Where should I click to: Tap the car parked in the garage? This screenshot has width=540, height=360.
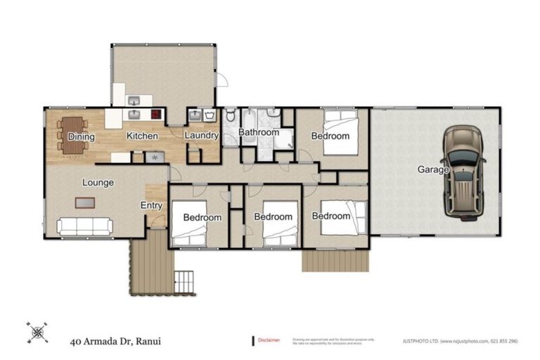(x=464, y=172)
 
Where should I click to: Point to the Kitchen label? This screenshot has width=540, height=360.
(x=142, y=136)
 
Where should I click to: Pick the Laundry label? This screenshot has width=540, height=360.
(x=202, y=136)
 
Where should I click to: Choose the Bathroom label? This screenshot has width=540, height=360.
(x=258, y=132)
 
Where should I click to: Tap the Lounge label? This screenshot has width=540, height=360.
(x=98, y=183)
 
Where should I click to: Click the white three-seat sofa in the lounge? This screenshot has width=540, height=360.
(x=84, y=226)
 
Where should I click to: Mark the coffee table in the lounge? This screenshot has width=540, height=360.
(x=84, y=203)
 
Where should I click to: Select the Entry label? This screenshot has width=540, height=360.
(x=151, y=206)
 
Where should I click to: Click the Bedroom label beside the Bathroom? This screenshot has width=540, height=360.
(x=330, y=136)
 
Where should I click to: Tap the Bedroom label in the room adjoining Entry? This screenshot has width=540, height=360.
(x=202, y=218)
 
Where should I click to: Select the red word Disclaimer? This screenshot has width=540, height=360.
(x=269, y=340)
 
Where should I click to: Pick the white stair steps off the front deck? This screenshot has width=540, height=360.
(x=184, y=281)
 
